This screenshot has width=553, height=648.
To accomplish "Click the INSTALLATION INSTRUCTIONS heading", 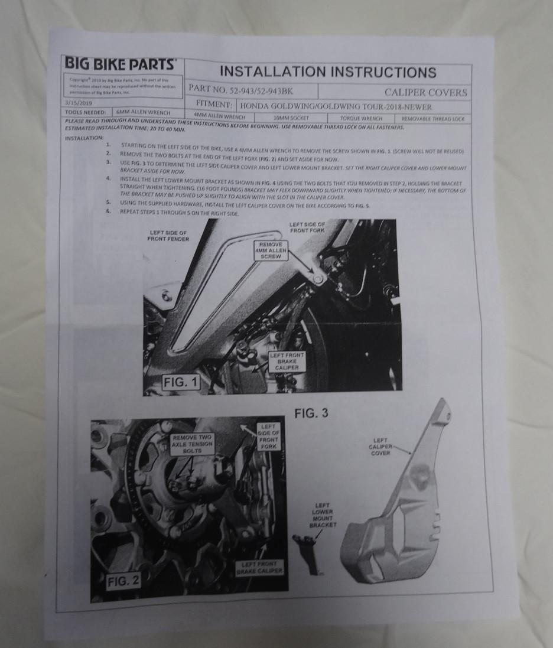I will coord(328,72).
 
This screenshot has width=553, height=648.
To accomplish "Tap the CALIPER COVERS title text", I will coord(425,92).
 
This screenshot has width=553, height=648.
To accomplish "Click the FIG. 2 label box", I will coord(123,581).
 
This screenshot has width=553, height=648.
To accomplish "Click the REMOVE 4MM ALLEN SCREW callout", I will coord(271,250).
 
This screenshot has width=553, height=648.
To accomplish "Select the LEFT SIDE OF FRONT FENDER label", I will coord(169,236).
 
